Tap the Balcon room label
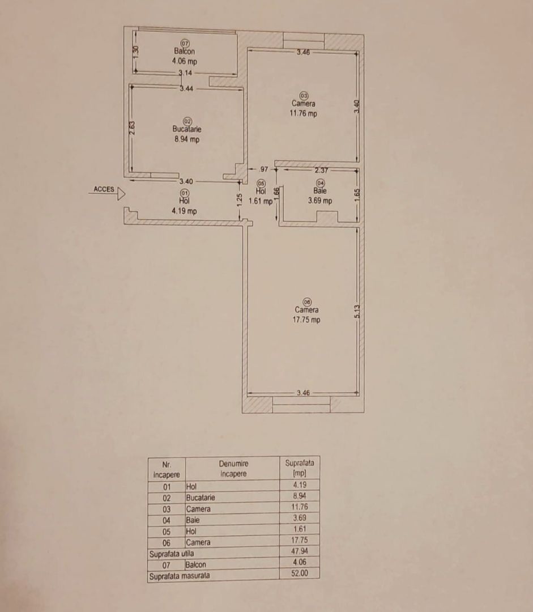click(185, 52)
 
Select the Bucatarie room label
click(186, 129)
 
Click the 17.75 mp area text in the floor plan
click(306, 320)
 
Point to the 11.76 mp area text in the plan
click(304, 113)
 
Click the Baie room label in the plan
click(320, 191)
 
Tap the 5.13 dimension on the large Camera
click(357, 312)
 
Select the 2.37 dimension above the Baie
click(322, 169)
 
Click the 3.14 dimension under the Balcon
click(185, 73)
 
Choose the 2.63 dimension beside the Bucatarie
click(131, 128)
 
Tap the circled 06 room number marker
click(307, 301)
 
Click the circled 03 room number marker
click(304, 95)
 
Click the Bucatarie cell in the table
click(201, 498)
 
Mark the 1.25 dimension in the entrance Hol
click(240, 199)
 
